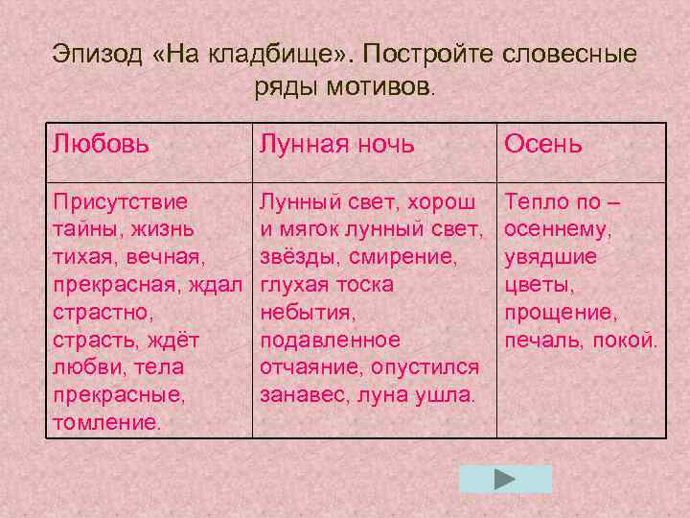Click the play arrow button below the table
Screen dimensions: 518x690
pos(505,479)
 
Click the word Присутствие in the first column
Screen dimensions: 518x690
pos(121,202)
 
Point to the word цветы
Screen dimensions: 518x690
pos(538,285)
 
